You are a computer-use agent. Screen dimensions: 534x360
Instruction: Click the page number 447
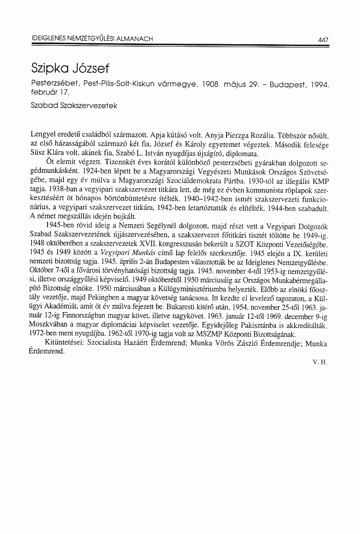323,39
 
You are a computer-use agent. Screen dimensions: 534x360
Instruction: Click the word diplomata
242,154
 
